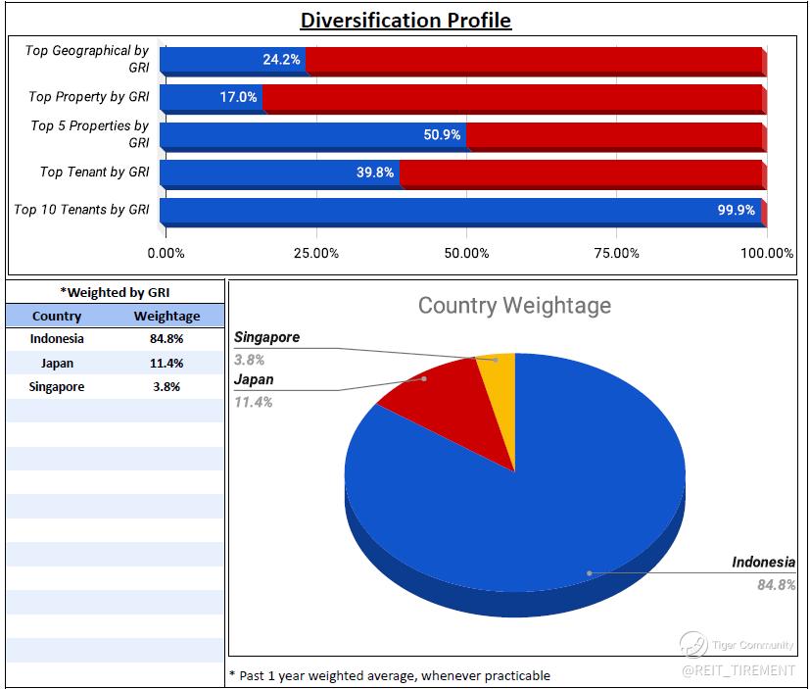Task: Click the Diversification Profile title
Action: [405, 20]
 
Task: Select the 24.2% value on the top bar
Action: [281, 60]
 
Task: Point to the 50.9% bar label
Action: [442, 134]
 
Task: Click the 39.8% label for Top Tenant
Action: [375, 172]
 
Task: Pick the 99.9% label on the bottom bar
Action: [736, 210]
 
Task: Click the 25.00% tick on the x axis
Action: [316, 254]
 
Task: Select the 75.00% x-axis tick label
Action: [617, 254]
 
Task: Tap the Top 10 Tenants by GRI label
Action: [81, 210]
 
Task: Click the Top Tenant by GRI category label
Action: [94, 172]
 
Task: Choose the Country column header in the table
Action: [57, 316]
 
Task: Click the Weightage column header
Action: [167, 316]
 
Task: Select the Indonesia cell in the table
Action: [57, 339]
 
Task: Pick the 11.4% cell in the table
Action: [167, 363]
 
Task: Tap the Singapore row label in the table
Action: [57, 386]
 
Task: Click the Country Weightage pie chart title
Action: [514, 306]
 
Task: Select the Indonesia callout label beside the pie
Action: [763, 563]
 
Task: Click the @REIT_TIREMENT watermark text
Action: [739, 669]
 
